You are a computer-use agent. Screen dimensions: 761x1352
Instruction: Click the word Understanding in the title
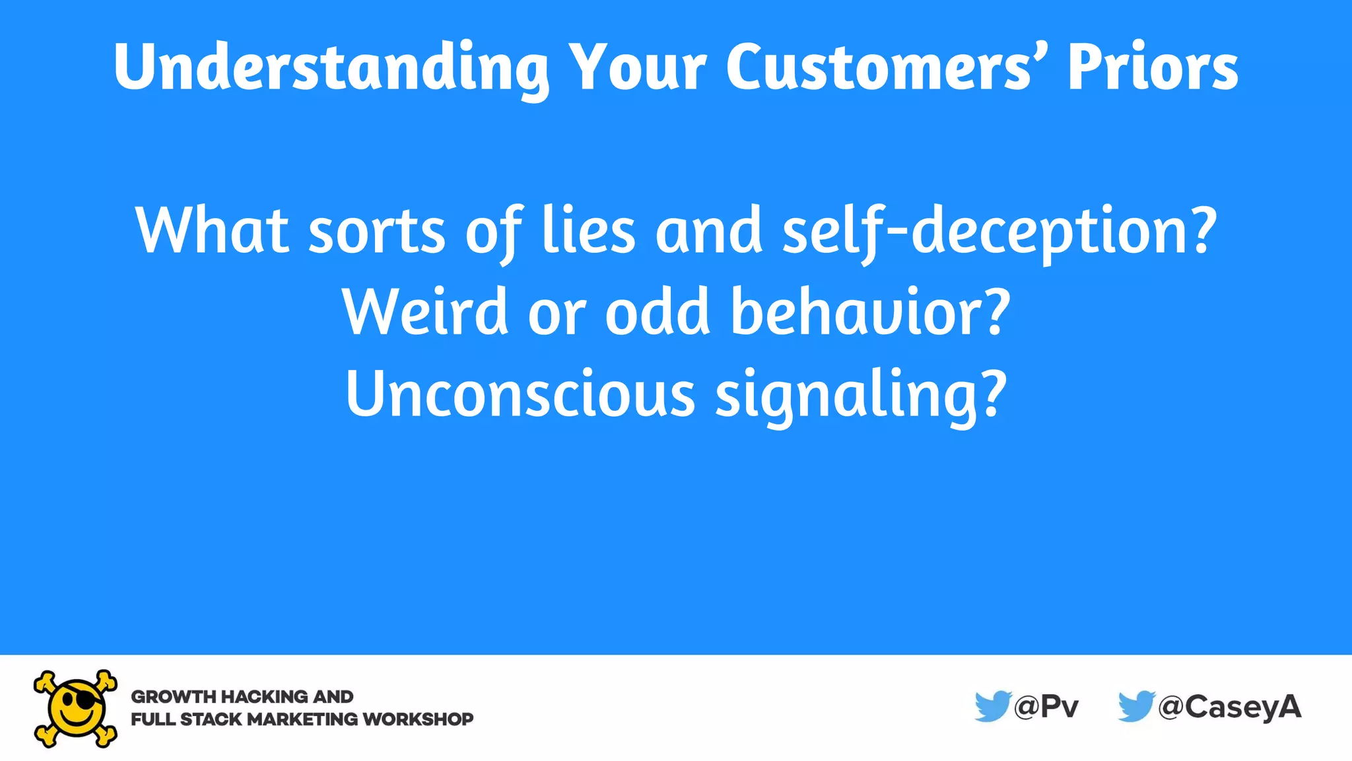click(330, 68)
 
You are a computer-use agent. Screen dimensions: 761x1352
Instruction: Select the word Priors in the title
click(1153, 68)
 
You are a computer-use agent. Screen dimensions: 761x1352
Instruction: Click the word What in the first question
click(212, 231)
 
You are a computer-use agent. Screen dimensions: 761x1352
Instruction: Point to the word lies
click(588, 231)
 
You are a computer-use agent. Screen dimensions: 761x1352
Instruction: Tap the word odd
click(658, 312)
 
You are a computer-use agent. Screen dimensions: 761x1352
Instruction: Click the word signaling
click(846, 395)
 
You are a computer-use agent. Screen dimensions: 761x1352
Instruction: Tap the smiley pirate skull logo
click(75, 708)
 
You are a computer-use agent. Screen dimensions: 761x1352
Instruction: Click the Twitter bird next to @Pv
click(992, 706)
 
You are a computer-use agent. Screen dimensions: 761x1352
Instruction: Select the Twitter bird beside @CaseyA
click(1135, 706)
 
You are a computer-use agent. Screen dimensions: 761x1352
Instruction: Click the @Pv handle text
click(1046, 707)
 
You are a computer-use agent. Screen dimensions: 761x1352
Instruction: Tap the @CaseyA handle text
click(1229, 707)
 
